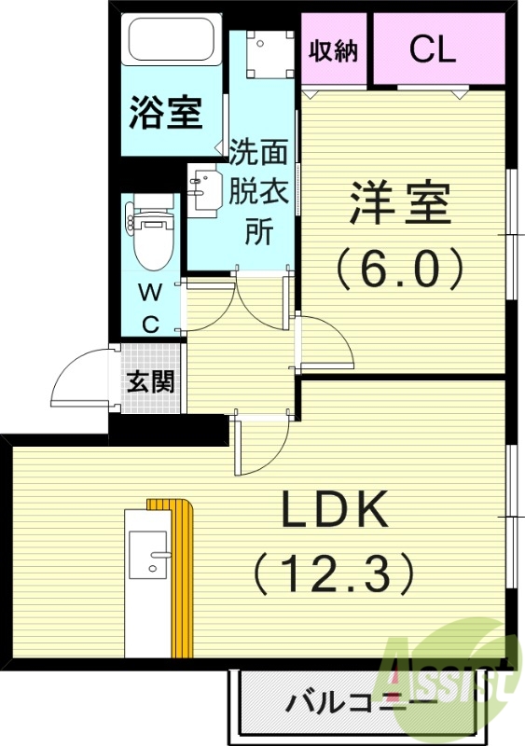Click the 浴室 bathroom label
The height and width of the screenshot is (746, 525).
[166, 113]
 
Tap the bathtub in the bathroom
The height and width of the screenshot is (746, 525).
[171, 40]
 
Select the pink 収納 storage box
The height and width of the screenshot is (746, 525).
[334, 50]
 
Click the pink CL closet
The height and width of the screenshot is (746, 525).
[434, 50]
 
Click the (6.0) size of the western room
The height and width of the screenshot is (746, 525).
[400, 269]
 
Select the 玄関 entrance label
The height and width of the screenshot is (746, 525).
[148, 380]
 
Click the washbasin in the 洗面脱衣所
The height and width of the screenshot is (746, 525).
[201, 187]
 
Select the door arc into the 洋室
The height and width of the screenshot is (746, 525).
[326, 342]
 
